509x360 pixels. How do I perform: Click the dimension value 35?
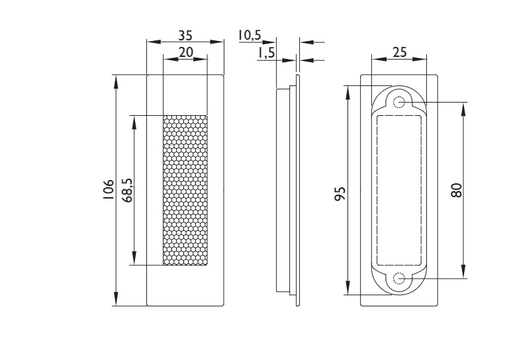(185, 35)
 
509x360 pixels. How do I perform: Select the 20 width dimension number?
(186, 52)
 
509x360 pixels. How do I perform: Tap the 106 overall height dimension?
(109, 189)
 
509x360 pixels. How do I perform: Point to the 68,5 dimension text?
(128, 190)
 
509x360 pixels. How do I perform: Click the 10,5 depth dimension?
(250, 35)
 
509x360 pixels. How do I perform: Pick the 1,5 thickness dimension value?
(266, 53)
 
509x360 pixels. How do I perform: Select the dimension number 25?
(399, 52)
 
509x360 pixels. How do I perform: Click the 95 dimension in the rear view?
(340, 193)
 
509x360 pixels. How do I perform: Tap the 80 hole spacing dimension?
(456, 190)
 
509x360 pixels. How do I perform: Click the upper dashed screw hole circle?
(399, 103)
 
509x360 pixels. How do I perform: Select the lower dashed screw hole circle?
(399, 279)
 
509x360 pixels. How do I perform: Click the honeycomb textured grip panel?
(185, 190)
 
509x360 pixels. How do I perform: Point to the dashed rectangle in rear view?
(377, 191)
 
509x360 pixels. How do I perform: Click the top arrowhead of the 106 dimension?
(116, 81)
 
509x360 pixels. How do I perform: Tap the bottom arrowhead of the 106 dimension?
(116, 299)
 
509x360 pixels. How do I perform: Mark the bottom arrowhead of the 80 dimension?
(463, 272)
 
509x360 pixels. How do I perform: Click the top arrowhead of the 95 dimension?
(348, 92)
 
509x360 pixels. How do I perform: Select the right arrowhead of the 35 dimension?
(217, 42)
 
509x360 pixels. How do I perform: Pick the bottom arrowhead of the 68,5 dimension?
(134, 259)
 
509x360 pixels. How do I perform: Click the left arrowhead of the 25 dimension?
(379, 59)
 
